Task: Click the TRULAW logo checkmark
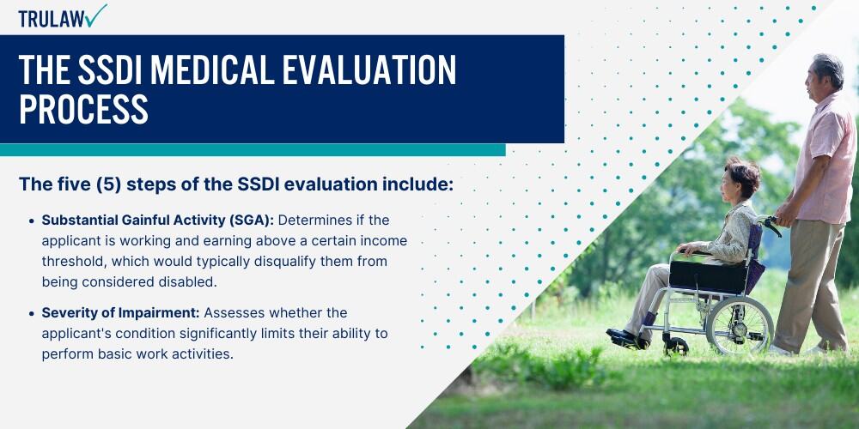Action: click(96, 15)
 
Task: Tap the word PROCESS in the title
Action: click(84, 108)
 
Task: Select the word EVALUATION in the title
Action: click(370, 70)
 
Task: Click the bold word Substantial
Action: click(76, 220)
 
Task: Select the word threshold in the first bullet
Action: click(74, 262)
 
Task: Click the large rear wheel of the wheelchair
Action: click(739, 326)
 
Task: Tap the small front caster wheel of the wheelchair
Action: click(675, 347)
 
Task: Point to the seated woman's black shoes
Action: click(627, 338)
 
